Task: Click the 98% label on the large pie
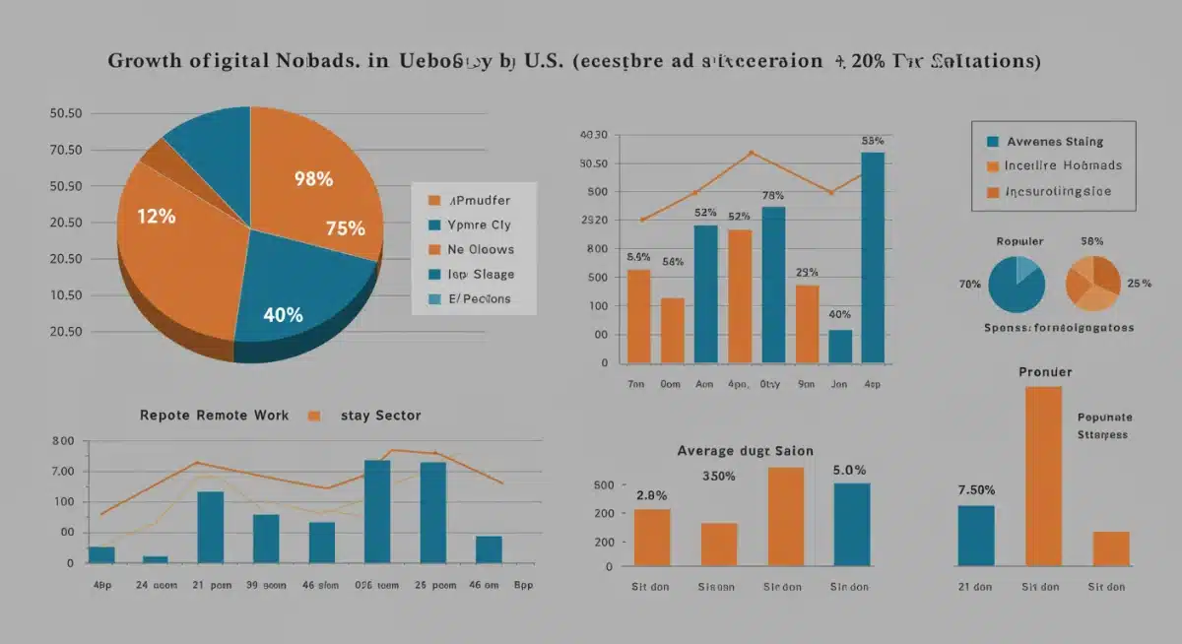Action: coord(313,179)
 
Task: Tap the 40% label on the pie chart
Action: coord(283,315)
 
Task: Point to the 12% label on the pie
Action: coord(156,217)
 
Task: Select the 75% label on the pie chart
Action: coord(345,228)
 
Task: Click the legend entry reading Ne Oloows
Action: coord(480,250)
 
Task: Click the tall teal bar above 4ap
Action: coord(872,257)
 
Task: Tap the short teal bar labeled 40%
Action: coord(840,346)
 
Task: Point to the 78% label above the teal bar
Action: coord(773,195)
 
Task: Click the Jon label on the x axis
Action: coord(838,385)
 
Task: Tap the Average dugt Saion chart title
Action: coord(745,450)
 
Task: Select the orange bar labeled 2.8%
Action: coord(652,538)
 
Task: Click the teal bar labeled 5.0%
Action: coord(852,524)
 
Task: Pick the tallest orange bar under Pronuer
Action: coord(1044,476)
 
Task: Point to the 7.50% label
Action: coord(976,489)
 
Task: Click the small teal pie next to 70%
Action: coord(1016,284)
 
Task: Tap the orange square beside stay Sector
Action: coord(314,416)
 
